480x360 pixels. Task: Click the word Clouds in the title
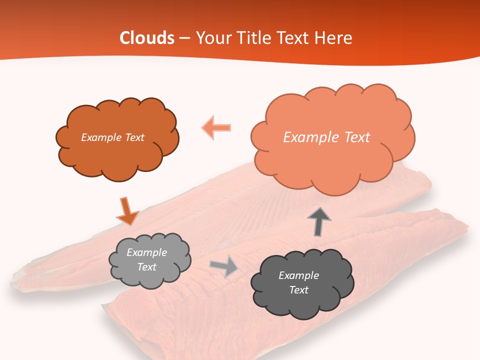(147, 38)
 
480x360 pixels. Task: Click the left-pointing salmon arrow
(216, 128)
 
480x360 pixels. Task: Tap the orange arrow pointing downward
(127, 211)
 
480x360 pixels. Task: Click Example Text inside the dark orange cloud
(112, 137)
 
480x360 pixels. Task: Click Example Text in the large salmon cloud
(326, 137)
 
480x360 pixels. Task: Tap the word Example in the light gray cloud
(147, 252)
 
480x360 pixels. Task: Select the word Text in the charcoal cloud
(298, 290)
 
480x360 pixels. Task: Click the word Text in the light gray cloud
(147, 267)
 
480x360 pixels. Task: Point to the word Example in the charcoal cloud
(298, 275)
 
